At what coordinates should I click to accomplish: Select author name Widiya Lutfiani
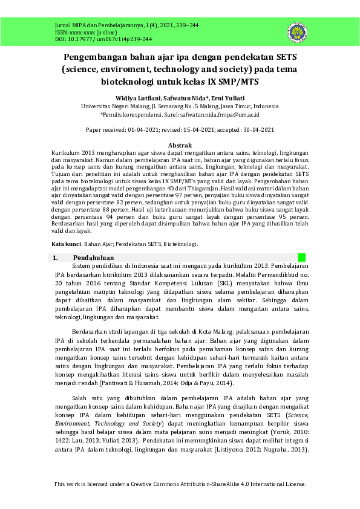pos(137,97)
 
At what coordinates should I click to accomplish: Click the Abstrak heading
pos(180,146)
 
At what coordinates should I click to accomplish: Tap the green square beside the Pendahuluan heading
pos(302,258)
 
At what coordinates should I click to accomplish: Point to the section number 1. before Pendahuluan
pos(55,258)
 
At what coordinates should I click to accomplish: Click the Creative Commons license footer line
pos(180,484)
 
